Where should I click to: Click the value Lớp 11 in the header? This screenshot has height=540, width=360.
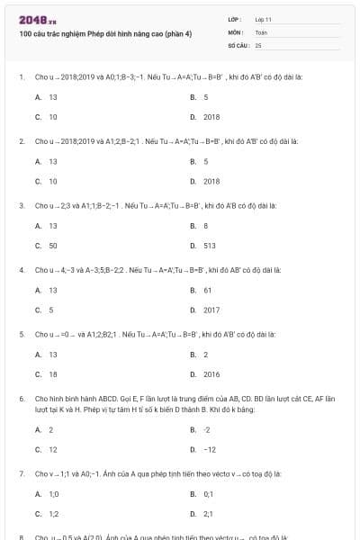click(x=263, y=19)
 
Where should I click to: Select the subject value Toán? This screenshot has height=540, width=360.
click(x=261, y=31)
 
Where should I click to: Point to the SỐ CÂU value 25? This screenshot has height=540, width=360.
click(x=258, y=44)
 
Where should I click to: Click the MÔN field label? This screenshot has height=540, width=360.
click(x=236, y=31)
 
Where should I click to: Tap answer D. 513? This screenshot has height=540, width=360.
click(x=209, y=245)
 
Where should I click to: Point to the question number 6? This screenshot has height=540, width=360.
click(x=21, y=397)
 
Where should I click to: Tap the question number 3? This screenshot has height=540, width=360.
click(x=21, y=205)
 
